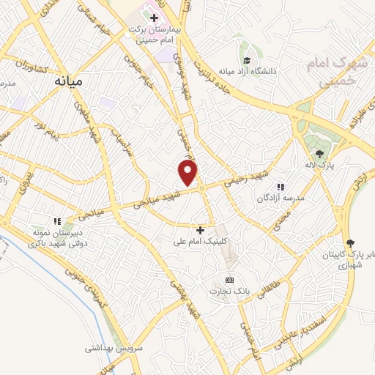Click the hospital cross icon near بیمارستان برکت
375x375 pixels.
[x=153, y=17]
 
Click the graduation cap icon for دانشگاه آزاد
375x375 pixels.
[x=247, y=60]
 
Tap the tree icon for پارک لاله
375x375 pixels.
[x=320, y=153]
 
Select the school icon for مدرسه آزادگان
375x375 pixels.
[x=280, y=186]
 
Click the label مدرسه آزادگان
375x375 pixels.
[x=278, y=198]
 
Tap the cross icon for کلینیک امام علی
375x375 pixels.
[x=201, y=230]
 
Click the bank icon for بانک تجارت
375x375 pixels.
[x=229, y=280]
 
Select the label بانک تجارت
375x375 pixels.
[x=229, y=291]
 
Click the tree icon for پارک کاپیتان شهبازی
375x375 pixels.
[x=349, y=242]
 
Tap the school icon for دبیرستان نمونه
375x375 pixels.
[x=56, y=220]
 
